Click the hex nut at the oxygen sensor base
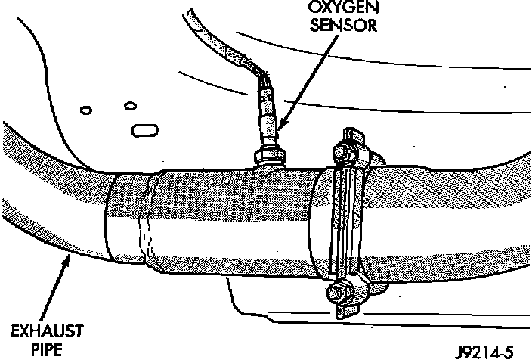(270, 156)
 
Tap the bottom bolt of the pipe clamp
(338, 290)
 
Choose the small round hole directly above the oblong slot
(131, 104)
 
